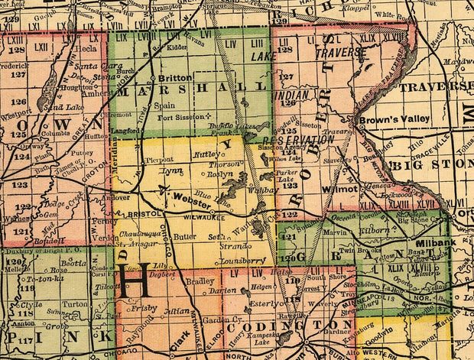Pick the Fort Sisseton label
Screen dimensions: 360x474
180,117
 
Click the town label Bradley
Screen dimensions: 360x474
200,280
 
